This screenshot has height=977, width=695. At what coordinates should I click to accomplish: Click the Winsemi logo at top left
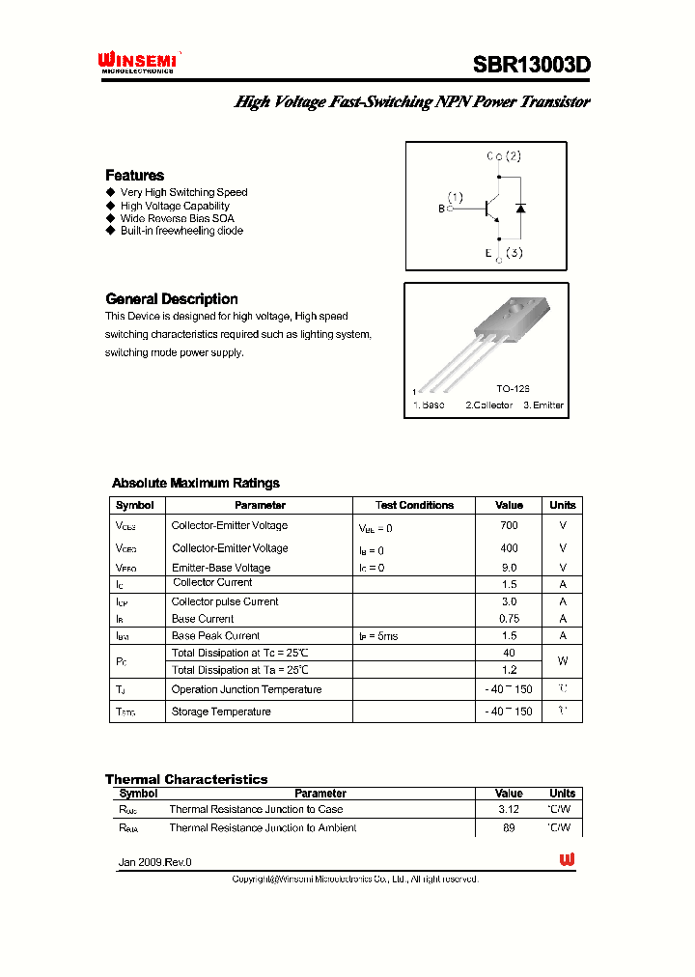137,63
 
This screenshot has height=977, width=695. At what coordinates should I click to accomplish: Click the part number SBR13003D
531,65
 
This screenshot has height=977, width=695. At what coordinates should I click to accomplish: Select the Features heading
134,175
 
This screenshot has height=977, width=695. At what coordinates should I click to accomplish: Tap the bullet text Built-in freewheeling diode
181,231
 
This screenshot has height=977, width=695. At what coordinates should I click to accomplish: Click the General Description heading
171,299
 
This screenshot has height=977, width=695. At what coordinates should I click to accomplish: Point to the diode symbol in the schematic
520,208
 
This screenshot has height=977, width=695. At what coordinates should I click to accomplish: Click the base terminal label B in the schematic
442,209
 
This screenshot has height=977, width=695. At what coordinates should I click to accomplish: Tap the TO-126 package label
513,387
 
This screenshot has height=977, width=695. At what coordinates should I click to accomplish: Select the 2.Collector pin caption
488,405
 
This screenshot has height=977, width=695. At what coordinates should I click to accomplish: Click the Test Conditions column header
414,505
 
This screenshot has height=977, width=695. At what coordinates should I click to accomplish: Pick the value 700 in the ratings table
509,526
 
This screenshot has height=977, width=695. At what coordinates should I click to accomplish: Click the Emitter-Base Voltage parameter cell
221,568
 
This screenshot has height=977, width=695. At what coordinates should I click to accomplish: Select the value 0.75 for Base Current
509,619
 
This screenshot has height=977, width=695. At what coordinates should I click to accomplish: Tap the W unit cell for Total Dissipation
562,661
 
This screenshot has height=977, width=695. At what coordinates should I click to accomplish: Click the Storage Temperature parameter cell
221,712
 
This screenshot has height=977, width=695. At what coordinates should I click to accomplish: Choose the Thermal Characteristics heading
186,779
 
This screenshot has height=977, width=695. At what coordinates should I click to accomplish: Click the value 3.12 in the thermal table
509,810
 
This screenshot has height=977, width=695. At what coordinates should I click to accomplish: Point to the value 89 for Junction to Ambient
509,828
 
